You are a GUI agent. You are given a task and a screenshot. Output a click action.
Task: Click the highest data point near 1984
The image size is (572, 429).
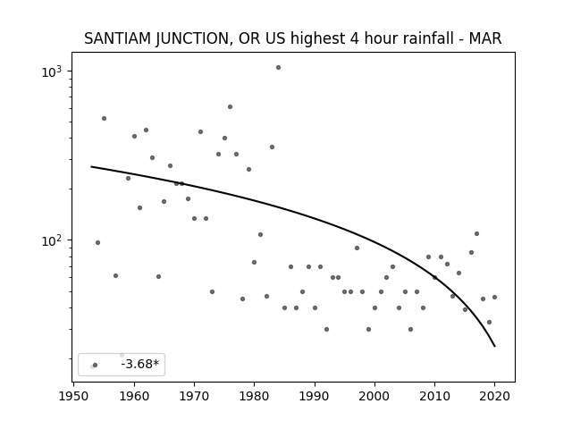tap(278, 68)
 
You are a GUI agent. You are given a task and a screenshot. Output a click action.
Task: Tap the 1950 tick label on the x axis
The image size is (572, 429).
tap(74, 396)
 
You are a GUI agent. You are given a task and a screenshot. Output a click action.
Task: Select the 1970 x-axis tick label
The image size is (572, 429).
tap(194, 396)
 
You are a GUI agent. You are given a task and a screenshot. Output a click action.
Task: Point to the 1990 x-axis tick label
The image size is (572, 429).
tap(315, 396)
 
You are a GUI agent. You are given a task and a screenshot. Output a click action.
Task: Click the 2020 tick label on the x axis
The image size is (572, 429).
tap(494, 396)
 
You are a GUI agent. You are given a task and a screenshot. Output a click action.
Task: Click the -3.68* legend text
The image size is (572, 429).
tap(140, 364)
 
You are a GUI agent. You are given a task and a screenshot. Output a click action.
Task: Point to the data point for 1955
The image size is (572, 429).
tap(104, 119)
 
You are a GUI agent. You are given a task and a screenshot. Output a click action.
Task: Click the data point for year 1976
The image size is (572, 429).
tap(231, 107)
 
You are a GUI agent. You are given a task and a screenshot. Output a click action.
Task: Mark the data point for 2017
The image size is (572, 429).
tap(476, 234)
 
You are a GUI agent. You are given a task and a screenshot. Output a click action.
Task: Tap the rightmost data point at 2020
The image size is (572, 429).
tap(494, 298)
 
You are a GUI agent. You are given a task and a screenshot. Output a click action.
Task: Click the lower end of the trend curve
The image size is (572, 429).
tap(494, 347)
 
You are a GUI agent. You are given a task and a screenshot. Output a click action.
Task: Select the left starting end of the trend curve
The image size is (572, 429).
tap(91, 167)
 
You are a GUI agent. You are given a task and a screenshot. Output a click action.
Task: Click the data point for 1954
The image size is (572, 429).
tap(97, 243)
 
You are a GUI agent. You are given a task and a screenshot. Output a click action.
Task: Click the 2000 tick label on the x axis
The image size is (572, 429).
tap(374, 396)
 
